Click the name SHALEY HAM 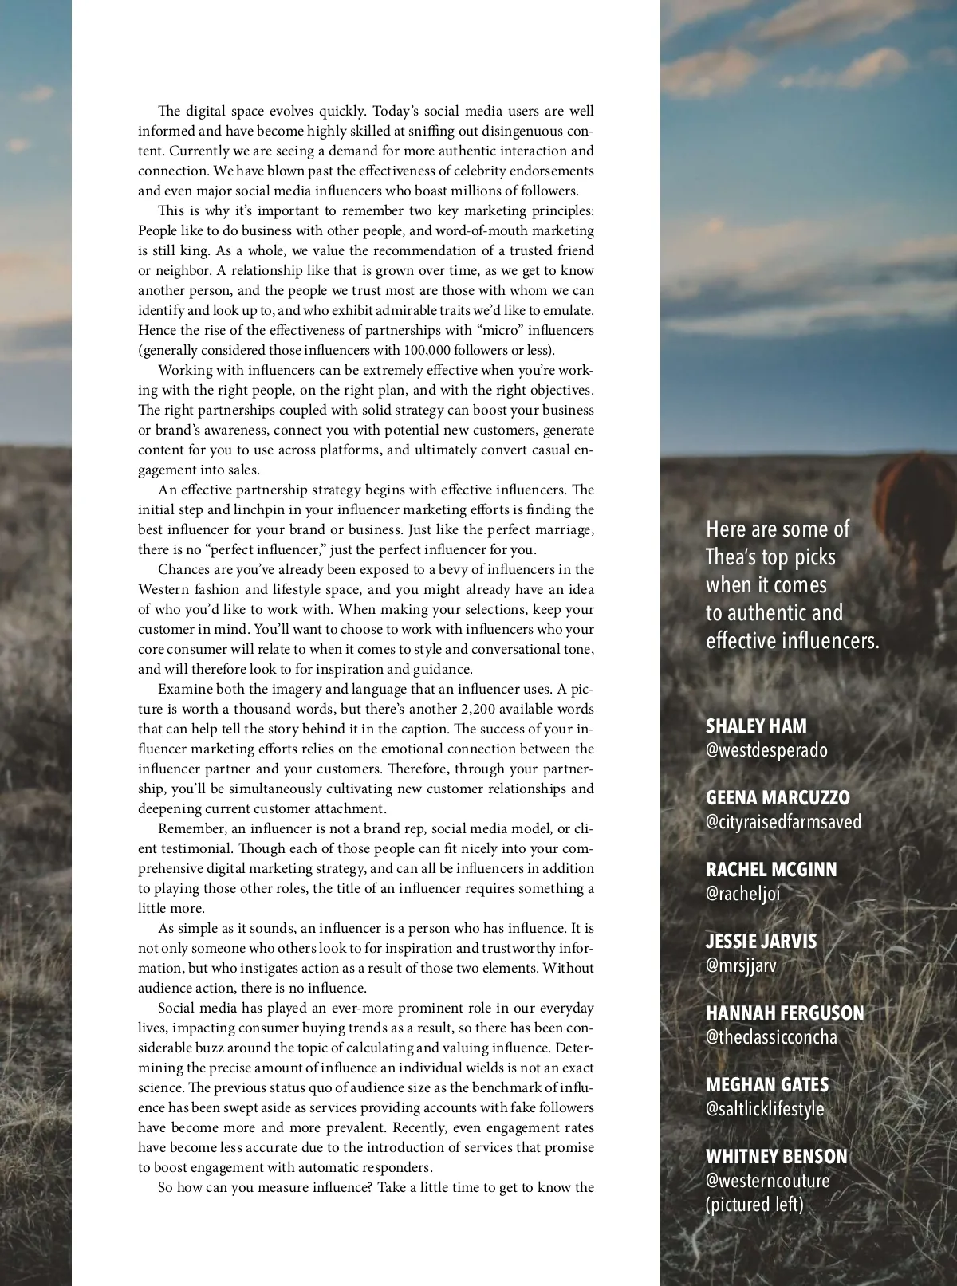[756, 726]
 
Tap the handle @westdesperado [766, 750]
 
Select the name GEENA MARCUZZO [778, 798]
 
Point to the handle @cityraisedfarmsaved [783, 822]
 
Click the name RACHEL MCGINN [771, 870]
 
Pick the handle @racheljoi [743, 894]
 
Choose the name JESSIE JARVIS [761, 942]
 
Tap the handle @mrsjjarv [741, 965]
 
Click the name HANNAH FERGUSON [785, 1013]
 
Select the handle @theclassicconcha [771, 1037]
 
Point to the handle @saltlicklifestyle [765, 1109]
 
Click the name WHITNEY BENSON [776, 1157]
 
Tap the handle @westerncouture [767, 1181]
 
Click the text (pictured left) [754, 1205]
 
